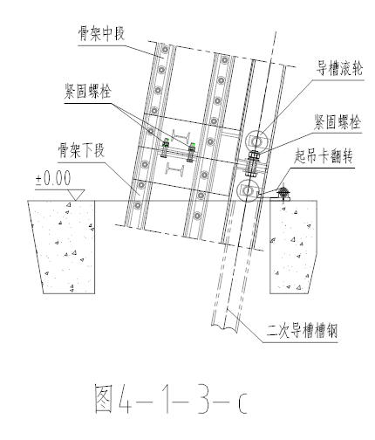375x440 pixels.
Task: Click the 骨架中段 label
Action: [x=101, y=33]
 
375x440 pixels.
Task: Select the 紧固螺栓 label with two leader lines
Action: [x=88, y=91]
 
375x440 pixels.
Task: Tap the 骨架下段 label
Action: [x=81, y=150]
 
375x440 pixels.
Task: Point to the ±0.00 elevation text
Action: [x=53, y=178]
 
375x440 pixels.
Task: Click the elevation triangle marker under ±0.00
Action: [x=76, y=195]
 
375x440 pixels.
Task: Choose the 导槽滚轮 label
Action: [x=339, y=68]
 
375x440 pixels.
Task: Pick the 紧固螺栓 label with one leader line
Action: [x=337, y=121]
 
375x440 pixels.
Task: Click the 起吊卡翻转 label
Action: [x=324, y=155]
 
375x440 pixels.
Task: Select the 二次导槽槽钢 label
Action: [x=302, y=330]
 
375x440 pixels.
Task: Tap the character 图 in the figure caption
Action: [x=104, y=398]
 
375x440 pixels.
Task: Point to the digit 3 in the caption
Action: [x=202, y=398]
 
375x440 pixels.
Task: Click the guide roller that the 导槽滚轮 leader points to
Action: [x=256, y=141]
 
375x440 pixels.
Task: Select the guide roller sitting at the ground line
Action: [x=248, y=191]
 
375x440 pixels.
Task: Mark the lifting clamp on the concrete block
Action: [x=282, y=194]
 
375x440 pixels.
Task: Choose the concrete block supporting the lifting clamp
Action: [x=294, y=247]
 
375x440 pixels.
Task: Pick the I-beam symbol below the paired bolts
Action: [x=175, y=168]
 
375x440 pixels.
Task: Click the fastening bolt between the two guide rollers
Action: [x=252, y=164]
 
